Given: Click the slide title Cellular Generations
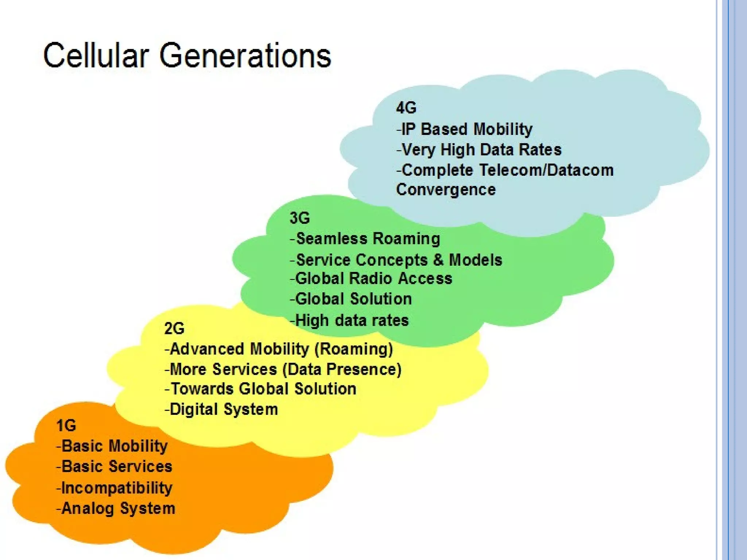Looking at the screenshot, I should click(x=187, y=55).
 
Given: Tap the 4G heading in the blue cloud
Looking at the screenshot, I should click(x=406, y=108).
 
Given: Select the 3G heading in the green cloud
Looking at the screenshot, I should click(x=299, y=218).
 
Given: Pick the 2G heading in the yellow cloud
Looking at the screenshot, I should click(x=174, y=328).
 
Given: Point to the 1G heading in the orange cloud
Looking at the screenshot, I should click(x=66, y=425).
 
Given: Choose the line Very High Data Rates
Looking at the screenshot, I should click(x=479, y=149).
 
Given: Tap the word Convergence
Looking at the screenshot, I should click(x=446, y=190).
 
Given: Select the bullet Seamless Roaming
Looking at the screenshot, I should click(x=365, y=239).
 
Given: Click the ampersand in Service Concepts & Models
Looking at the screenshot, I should click(x=438, y=260).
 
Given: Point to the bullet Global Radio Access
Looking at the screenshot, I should click(x=371, y=279).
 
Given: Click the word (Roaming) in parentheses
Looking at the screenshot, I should click(x=353, y=349).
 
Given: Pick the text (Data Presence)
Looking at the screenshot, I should click(x=342, y=369).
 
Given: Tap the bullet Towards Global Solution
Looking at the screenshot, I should click(x=260, y=389).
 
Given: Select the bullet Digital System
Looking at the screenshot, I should click(x=221, y=409).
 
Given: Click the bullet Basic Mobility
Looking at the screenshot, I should click(x=112, y=446).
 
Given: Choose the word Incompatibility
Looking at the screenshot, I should click(x=117, y=488).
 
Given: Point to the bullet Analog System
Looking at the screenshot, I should click(x=116, y=508).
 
